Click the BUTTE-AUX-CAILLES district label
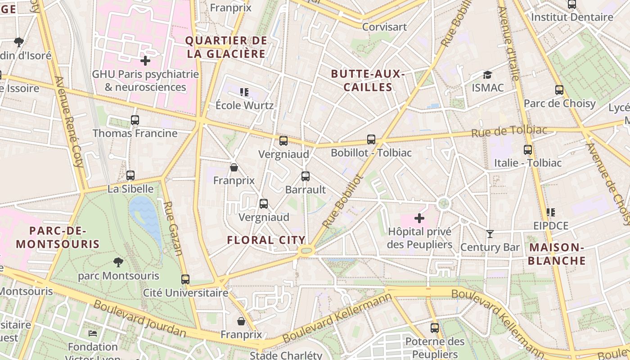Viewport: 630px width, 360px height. (368, 80)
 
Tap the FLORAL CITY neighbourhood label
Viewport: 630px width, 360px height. (266, 240)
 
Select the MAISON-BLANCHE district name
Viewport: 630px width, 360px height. (557, 254)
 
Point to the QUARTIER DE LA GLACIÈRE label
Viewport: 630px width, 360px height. (226, 47)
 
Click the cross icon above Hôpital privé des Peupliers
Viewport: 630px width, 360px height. (419, 218)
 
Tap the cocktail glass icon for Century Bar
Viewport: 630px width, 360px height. (490, 234)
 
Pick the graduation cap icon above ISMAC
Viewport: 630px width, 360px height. (487, 75)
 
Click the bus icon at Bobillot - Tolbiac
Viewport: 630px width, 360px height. (371, 139)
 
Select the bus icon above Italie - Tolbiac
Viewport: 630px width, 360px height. (528, 150)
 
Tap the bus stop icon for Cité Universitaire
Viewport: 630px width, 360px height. (185, 279)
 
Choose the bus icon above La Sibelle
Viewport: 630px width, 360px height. (130, 175)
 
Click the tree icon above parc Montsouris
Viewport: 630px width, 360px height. (118, 262)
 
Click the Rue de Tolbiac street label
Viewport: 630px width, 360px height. (509, 131)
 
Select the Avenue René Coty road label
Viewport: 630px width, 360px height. (70, 121)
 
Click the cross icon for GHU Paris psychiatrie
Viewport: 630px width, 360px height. (145, 60)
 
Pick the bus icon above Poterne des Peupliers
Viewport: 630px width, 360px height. (435, 328)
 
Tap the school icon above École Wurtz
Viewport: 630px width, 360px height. (244, 92)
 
